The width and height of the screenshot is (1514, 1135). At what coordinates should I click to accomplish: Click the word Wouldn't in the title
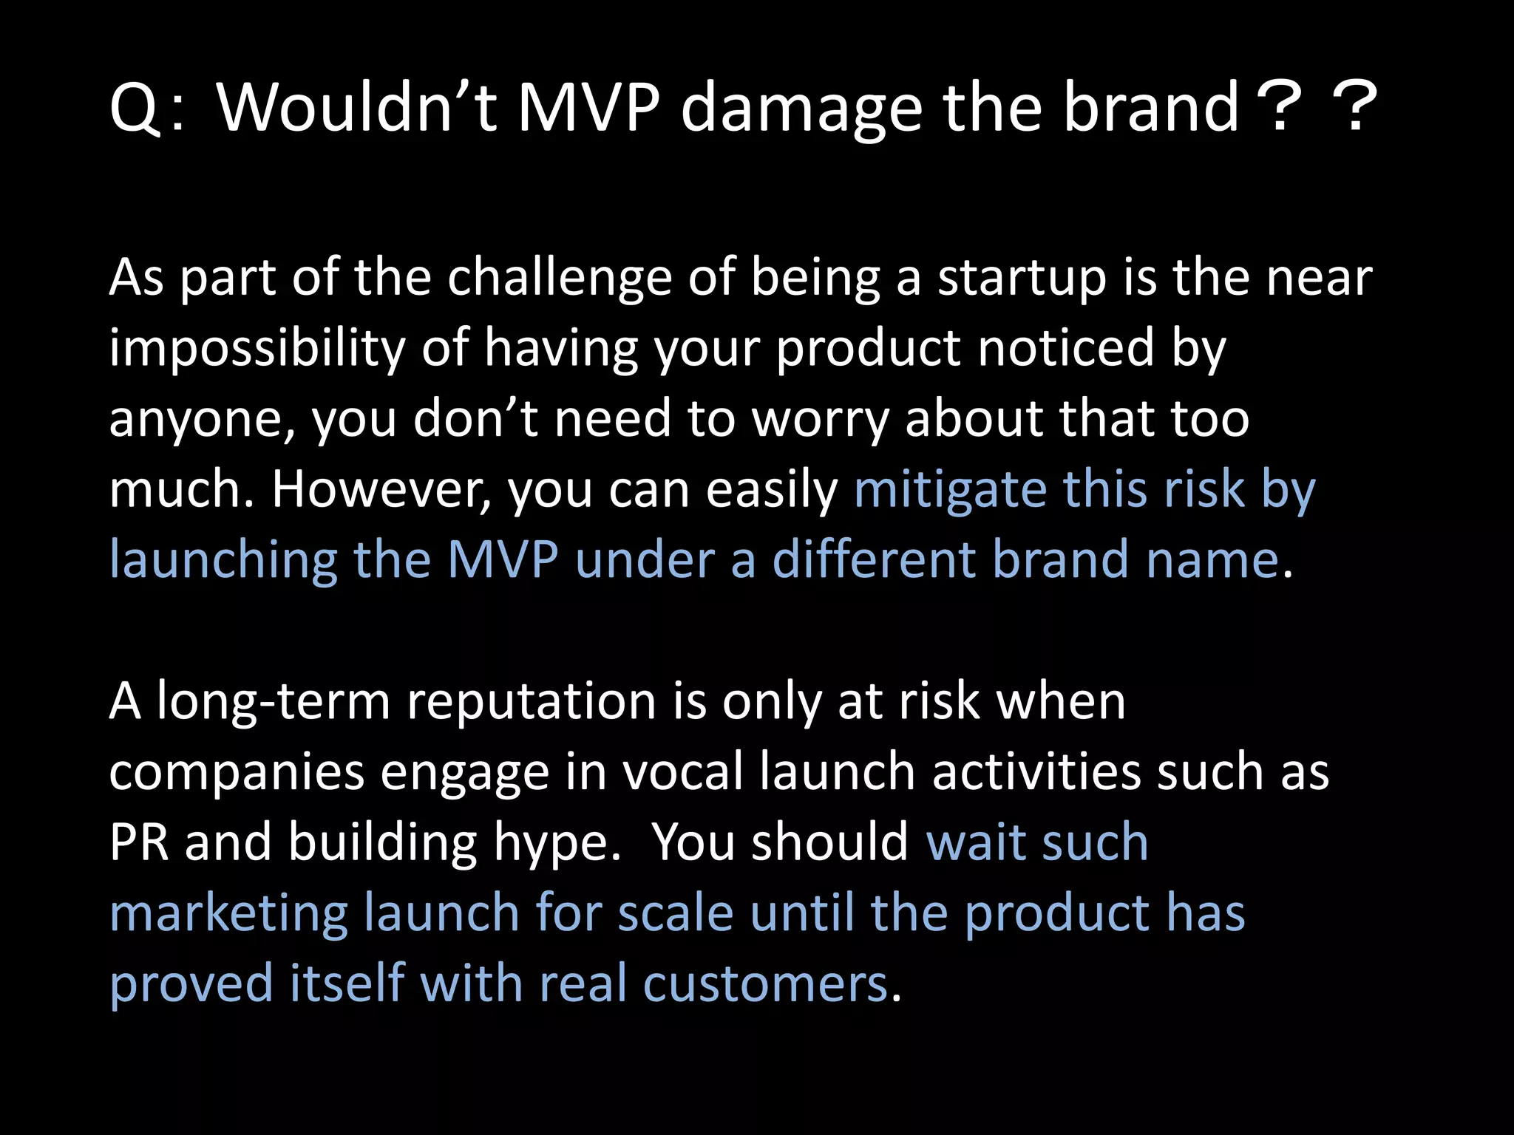point(356,108)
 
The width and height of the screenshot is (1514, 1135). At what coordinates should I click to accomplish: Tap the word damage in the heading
point(801,109)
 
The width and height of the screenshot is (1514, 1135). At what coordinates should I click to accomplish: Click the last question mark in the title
point(1353,108)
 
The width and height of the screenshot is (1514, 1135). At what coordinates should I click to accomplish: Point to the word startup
point(1022,279)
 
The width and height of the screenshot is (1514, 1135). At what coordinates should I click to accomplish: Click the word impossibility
point(257,349)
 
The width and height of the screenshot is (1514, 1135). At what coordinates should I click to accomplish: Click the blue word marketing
point(228,913)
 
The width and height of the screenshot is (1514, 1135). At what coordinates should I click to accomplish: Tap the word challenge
point(559,279)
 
